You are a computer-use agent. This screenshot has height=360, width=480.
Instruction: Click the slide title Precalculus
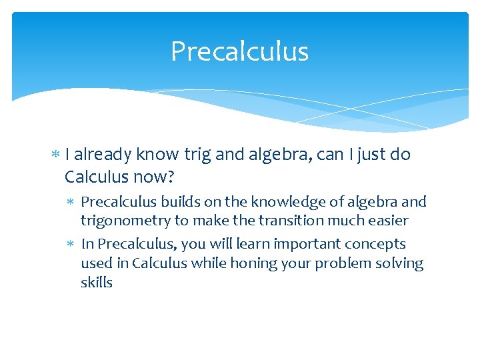click(x=239, y=51)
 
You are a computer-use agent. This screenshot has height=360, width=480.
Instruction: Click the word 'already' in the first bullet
click(x=103, y=155)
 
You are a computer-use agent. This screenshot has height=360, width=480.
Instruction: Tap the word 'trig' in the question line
click(x=198, y=155)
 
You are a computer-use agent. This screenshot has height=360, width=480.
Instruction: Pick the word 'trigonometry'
click(x=126, y=220)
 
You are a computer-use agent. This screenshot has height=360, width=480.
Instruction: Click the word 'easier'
click(x=386, y=220)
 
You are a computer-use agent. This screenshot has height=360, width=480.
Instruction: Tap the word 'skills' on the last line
click(x=97, y=281)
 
